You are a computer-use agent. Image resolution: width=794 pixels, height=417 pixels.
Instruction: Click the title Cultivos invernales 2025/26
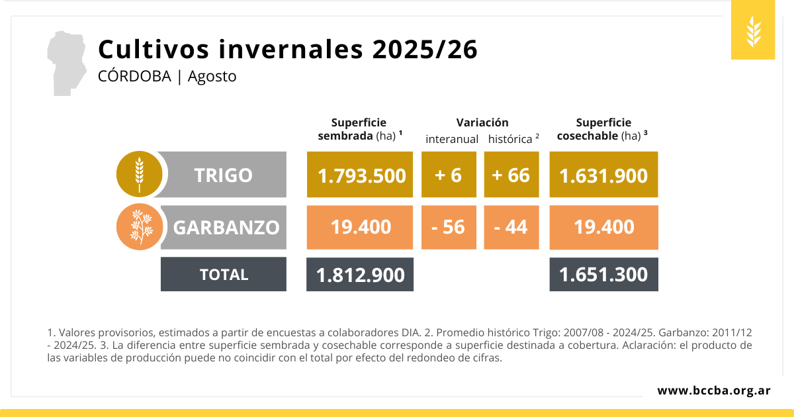tap(288, 50)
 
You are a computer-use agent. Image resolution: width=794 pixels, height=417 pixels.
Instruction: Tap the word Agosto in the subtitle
tap(212, 76)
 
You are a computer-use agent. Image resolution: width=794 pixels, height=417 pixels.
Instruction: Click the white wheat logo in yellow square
tap(753, 31)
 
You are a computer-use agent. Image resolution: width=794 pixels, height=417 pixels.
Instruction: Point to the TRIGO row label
tap(223, 175)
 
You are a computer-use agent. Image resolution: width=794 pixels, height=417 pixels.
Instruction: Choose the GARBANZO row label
tap(226, 227)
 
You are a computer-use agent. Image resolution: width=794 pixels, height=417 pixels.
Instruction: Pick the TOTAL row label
tap(224, 274)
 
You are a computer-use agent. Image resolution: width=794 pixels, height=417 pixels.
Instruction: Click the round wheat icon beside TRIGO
tap(139, 175)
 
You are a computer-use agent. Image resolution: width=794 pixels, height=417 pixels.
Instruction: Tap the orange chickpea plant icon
tap(139, 227)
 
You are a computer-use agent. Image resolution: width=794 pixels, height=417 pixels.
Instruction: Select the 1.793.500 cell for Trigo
tap(361, 175)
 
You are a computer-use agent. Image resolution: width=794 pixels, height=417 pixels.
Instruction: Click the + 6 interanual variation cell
tap(449, 175)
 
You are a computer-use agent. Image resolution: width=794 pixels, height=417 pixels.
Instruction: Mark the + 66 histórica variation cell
tap(511, 175)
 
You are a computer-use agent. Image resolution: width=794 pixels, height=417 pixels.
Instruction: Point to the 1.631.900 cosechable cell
tap(603, 175)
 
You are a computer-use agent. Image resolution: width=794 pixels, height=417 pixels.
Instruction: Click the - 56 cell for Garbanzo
tap(449, 227)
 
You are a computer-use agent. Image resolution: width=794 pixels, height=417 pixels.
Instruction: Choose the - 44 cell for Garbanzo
tap(511, 227)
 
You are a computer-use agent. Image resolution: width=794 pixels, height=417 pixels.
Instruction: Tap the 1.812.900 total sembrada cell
tap(360, 274)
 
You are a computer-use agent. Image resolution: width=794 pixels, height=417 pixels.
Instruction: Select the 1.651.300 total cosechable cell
tap(603, 274)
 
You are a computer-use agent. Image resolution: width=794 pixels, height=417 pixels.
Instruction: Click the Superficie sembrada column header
tap(359, 129)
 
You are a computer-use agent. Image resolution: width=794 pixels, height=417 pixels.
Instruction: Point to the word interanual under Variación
tap(452, 139)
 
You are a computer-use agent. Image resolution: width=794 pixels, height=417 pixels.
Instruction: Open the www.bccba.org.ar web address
tap(713, 391)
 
